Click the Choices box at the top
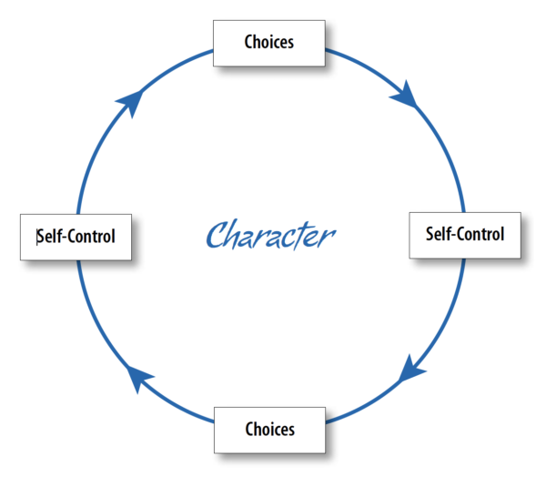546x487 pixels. pyautogui.click(x=268, y=42)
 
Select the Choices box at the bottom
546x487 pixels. pyautogui.click(x=269, y=428)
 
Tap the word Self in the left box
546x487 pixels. pyautogui.click(x=49, y=237)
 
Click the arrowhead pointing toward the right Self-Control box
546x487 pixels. pyautogui.click(x=407, y=94)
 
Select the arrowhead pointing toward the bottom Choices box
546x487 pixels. pyautogui.click(x=411, y=370)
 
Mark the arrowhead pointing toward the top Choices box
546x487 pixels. pyautogui.click(x=132, y=102)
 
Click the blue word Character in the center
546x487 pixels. pyautogui.click(x=270, y=235)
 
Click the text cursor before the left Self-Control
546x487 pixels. pyautogui.click(x=37, y=237)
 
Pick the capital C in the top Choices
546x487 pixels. pyautogui.click(x=249, y=42)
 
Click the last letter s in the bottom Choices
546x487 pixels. pyautogui.click(x=291, y=429)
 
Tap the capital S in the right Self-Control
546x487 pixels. pyautogui.click(x=430, y=234)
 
